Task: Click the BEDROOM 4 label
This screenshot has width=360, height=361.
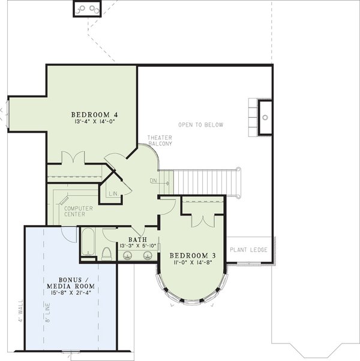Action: tap(95, 114)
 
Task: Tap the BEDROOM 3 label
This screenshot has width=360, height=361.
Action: tap(193, 255)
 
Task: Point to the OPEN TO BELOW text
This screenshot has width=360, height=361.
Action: tap(200, 125)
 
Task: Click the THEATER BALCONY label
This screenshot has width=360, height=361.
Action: tap(160, 141)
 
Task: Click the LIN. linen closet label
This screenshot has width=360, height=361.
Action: tap(113, 193)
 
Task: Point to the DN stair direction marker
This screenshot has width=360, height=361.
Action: tap(154, 180)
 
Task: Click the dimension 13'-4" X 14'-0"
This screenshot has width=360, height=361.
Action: tap(95, 122)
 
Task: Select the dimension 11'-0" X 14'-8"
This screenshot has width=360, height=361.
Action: tap(193, 262)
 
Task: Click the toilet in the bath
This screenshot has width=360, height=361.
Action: tap(106, 253)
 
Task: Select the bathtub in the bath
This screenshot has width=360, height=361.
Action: tap(88, 243)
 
